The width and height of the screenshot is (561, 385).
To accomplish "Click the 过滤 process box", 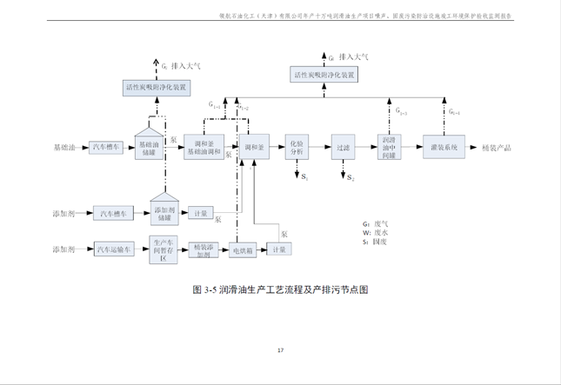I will pos(342,147).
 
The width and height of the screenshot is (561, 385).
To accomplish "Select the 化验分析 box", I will pos(297,147).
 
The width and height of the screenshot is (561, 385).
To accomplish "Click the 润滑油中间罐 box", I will pos(389,147).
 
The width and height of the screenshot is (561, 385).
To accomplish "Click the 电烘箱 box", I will pos(241,250).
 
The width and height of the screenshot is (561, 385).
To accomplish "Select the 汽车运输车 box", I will pos(115,250).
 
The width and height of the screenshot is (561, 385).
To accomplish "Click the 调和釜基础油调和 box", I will pos(203,147).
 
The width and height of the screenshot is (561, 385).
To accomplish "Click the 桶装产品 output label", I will pos(497,148).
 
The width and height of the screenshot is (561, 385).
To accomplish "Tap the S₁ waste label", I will pos(304,177).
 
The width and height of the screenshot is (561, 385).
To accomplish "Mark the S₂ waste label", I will pos(350,178).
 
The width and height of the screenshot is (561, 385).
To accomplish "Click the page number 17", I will pos(280,350).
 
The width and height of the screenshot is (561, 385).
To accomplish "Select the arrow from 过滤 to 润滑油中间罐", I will pos(364,147).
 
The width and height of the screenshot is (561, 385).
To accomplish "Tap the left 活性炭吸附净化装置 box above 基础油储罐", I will pos(159,88).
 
